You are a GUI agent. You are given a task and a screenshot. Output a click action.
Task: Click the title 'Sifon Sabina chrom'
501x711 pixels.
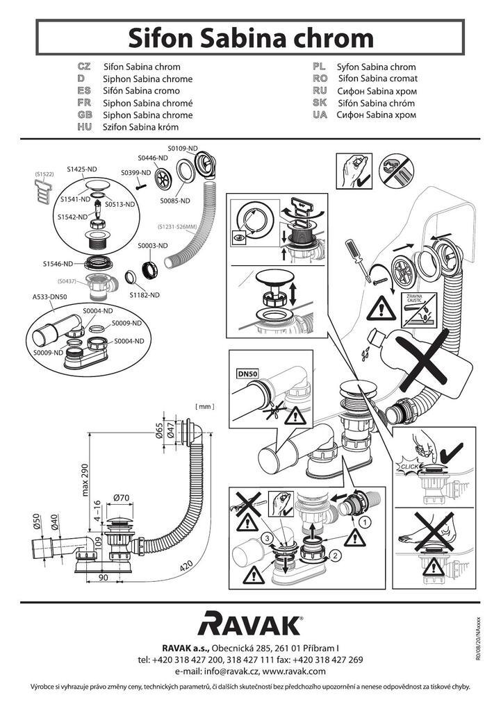[250, 36]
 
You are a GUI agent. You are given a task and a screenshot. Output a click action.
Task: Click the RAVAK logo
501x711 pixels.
[250, 623]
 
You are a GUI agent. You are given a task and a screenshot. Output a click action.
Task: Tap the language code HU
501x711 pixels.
[85, 127]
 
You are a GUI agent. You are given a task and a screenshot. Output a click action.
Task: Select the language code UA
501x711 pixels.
[320, 115]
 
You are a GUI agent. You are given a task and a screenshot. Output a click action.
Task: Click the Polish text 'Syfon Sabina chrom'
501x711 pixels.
[376, 67]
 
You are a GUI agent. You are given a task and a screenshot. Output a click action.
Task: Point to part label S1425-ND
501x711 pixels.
[83, 169]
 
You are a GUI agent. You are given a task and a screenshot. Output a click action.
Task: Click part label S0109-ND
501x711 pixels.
[183, 149]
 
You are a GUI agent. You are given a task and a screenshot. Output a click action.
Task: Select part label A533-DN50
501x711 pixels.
[50, 296]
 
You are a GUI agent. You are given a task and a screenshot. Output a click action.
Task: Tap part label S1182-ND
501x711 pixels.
[145, 294]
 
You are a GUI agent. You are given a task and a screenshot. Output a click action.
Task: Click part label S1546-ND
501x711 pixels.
[58, 264]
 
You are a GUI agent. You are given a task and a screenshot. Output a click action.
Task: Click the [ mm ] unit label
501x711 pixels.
[205, 405]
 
